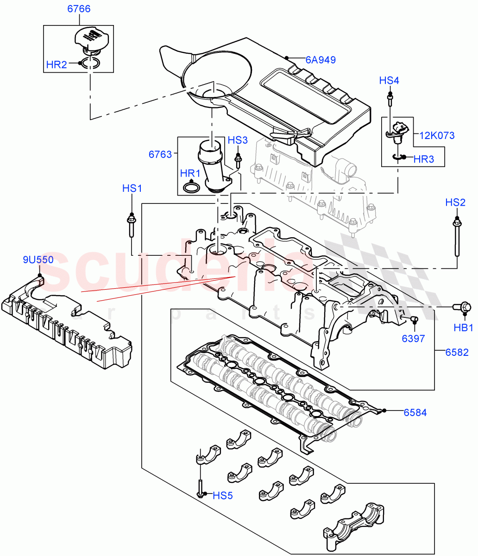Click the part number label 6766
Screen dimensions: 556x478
(x=78, y=9)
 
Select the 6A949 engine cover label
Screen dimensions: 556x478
(x=320, y=60)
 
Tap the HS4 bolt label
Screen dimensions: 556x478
(x=389, y=81)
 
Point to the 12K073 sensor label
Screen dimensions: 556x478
(x=437, y=135)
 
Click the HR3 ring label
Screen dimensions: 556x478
(x=423, y=159)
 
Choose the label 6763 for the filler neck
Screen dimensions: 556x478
(x=160, y=154)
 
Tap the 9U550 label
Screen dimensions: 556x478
(x=38, y=260)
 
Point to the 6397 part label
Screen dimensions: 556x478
(x=413, y=339)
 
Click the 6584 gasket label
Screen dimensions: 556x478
(x=415, y=412)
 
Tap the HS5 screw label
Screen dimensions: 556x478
(x=222, y=496)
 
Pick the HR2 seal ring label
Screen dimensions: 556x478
(x=57, y=64)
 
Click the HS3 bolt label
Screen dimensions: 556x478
(x=238, y=140)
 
